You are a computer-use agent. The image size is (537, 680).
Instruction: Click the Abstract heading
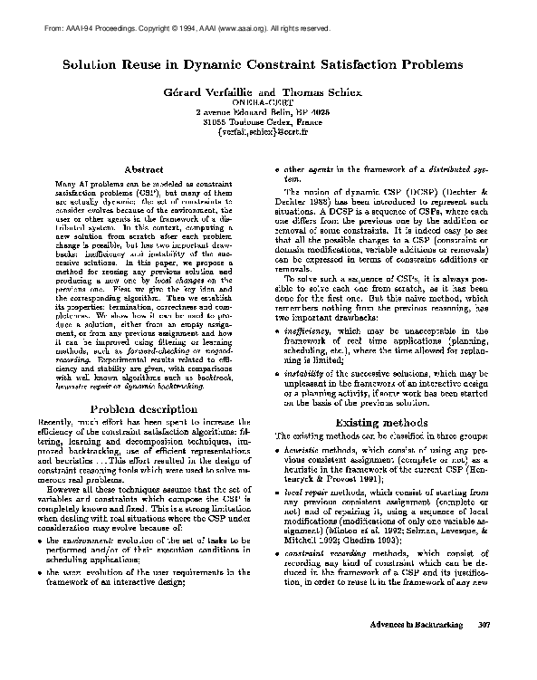pos(141,169)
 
